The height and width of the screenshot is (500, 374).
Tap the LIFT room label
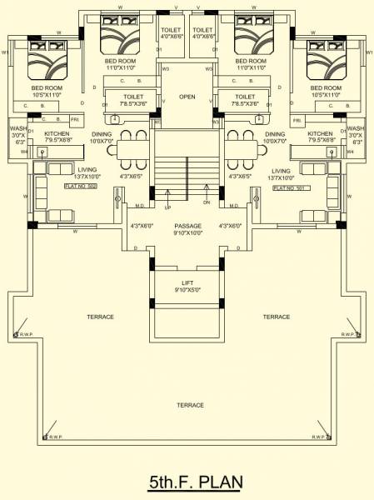[187, 283]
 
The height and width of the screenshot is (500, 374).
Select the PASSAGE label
[187, 226]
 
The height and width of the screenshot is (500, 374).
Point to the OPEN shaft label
[187, 97]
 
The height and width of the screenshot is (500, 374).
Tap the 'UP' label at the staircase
[167, 207]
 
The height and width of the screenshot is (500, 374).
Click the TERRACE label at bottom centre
[191, 404]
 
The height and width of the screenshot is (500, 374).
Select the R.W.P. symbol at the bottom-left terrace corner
[46, 436]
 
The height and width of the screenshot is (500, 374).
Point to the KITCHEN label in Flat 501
[320, 133]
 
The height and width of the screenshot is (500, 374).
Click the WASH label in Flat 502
[18, 128]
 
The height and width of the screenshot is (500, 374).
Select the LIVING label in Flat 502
[87, 170]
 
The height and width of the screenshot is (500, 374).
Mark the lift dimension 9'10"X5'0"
[187, 291]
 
